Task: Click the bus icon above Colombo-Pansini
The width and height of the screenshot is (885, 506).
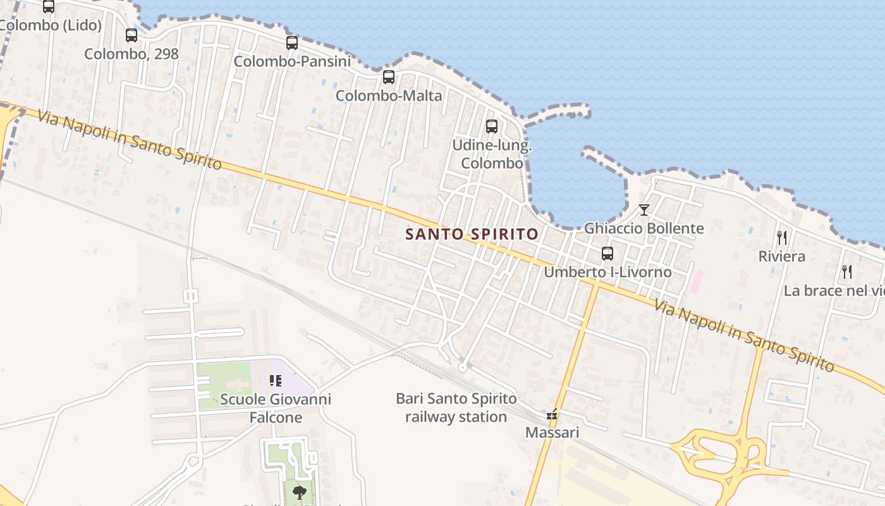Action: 291,43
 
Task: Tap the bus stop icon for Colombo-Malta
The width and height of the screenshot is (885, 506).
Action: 389,77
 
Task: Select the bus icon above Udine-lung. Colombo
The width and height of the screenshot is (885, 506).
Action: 492,126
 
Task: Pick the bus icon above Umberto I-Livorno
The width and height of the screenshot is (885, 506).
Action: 607,254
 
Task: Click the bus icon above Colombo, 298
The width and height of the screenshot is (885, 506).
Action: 131,35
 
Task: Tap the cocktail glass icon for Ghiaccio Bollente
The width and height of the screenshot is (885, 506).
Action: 644,209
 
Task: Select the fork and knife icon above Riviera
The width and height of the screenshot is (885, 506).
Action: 782,238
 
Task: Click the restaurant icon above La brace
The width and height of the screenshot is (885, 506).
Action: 847,272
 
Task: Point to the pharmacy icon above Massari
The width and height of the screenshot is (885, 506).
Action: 552,415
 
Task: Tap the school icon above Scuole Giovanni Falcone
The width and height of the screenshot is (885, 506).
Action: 276,380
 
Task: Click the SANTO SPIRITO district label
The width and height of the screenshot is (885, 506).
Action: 472,234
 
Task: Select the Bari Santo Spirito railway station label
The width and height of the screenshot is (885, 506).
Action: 456,408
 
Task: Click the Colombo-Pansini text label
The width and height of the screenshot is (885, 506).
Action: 292,61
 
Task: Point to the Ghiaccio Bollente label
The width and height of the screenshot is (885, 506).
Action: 644,228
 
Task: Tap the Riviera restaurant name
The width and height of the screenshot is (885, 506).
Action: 782,256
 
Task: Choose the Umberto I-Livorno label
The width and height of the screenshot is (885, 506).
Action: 607,272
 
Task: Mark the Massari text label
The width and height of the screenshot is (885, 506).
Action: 552,433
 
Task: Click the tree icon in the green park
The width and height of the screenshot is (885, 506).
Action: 299,491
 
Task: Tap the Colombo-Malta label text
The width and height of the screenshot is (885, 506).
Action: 389,96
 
